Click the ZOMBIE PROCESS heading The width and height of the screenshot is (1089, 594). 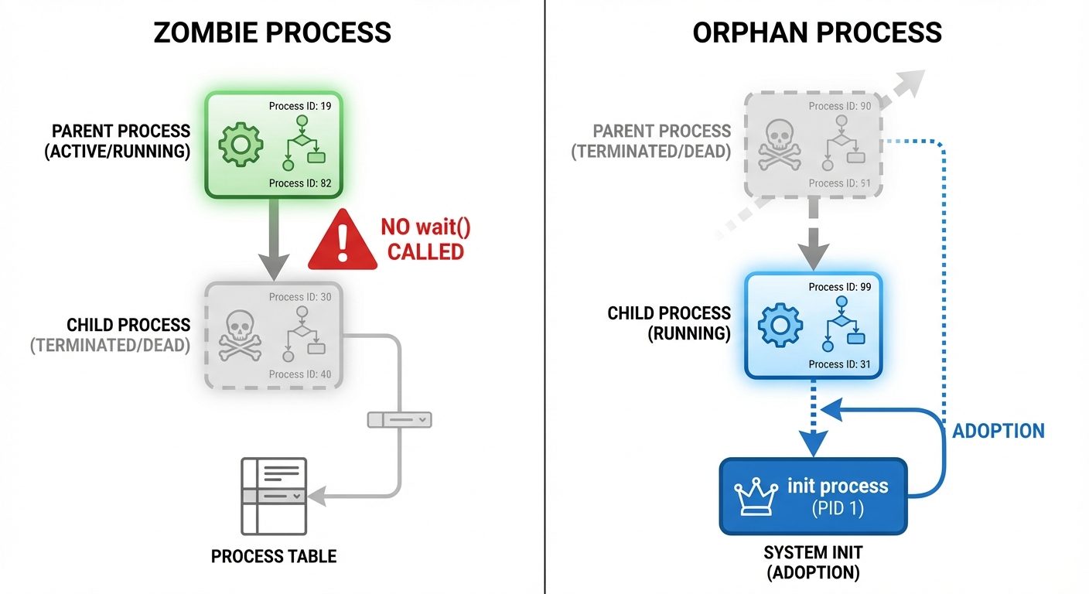pos(272,32)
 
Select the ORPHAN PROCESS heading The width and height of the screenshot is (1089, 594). pos(817,32)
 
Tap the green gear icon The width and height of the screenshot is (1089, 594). pos(241,144)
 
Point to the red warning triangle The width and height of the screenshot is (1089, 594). pos(343,242)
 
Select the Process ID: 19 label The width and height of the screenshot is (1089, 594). pos(300,106)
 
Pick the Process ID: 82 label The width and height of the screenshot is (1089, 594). pos(300,183)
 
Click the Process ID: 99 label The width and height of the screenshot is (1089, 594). pos(840,287)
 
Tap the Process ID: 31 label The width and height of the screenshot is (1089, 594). pos(840,364)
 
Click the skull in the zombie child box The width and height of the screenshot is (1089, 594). pos(241,336)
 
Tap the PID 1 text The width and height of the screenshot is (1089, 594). pos(838,510)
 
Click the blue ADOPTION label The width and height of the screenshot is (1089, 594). pos(998,431)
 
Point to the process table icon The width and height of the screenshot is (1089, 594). pos(274,496)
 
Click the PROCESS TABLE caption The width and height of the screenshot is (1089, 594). pos(274,556)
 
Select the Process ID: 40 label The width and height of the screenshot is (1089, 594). pos(300,374)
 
